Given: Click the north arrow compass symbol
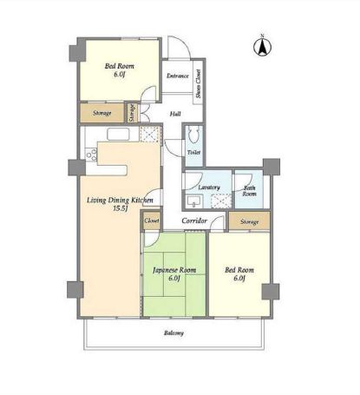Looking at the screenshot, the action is (263, 46).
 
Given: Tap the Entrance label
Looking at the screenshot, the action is (178, 76).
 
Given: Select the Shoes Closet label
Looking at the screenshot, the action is (199, 83).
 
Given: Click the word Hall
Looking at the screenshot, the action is (175, 114).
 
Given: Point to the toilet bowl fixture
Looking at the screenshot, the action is (194, 135).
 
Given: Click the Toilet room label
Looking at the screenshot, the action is (193, 152).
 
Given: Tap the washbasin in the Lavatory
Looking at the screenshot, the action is (193, 201).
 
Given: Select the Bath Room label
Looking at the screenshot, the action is (249, 191).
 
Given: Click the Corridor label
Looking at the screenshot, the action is (194, 221).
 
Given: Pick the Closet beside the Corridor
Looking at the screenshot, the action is (152, 221).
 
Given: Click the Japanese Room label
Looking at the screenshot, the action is (174, 270).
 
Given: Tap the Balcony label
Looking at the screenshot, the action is (173, 333).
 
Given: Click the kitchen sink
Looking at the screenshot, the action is (119, 135).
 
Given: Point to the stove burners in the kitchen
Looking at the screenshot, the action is (91, 155).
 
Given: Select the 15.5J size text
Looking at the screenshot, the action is (121, 208).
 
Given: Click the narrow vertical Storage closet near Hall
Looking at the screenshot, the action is (132, 113).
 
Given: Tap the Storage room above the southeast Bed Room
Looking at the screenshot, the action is (249, 221).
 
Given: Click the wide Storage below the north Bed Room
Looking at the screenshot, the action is (102, 113).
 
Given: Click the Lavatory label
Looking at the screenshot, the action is (209, 188).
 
